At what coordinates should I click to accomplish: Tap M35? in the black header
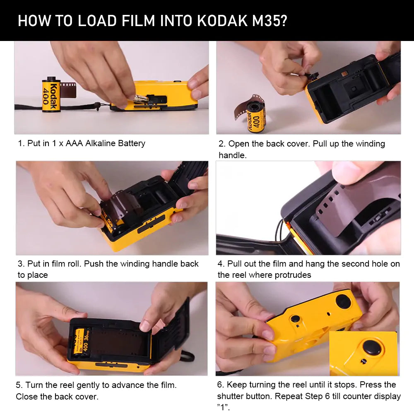270,20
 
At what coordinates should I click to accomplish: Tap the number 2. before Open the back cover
222,144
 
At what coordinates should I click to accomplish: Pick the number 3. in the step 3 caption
21,264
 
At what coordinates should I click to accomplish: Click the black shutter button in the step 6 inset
371,348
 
